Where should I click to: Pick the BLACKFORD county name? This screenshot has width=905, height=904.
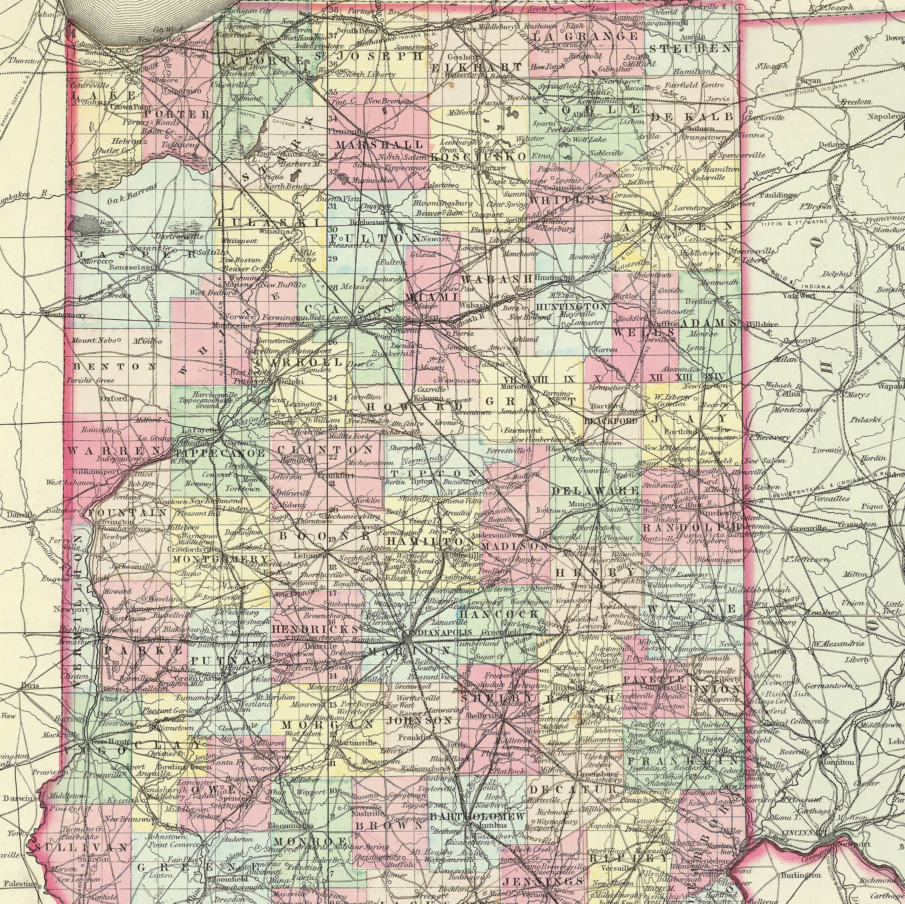tap(611, 421)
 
